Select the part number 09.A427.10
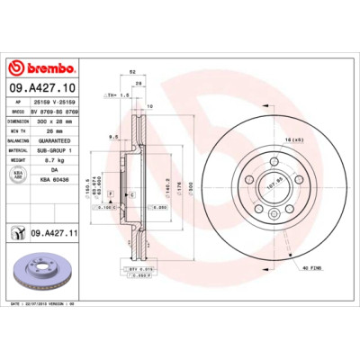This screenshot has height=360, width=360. (x=40, y=87)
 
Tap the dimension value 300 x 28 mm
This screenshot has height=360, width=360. (x=55, y=120)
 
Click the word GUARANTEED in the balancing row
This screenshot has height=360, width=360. (x=56, y=140)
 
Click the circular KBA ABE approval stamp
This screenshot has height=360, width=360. (x=18, y=175)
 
